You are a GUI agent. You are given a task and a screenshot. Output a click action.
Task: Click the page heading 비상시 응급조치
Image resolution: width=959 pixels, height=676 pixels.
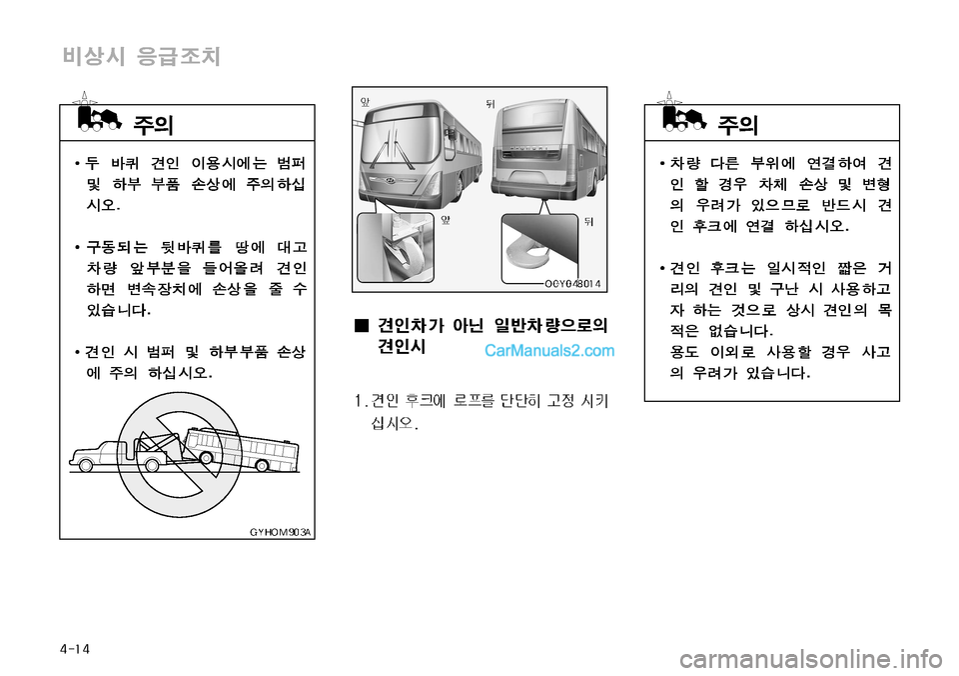pos(141,56)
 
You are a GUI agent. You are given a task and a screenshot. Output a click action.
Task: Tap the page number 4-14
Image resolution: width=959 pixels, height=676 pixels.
pos(75,648)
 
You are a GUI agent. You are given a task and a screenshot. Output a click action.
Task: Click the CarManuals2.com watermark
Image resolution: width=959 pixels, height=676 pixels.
pos(549,351)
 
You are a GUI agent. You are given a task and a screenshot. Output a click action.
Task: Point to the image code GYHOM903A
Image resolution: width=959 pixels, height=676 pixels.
pos(280,532)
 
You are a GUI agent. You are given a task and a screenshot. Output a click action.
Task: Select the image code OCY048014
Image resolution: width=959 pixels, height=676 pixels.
pos(572,284)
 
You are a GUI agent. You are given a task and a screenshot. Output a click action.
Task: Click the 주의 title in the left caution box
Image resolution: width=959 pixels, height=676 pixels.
pos(153,125)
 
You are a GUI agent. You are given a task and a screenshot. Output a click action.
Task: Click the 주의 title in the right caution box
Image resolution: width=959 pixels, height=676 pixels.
pos(737,125)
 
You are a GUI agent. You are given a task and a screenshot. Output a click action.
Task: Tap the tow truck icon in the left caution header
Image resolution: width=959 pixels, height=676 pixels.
pos(99,119)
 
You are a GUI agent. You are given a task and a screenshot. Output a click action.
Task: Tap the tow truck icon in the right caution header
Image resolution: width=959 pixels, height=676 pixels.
pos(684,119)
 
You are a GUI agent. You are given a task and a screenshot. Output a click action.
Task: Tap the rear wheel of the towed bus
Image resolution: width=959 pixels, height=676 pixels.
pos(262,466)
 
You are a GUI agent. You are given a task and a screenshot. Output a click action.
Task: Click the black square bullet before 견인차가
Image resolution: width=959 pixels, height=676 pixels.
pos(362,325)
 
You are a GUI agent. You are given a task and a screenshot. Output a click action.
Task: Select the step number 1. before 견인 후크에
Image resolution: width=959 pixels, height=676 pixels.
pos(361,401)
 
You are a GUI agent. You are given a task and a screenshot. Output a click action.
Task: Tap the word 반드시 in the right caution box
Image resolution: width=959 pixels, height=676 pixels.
pos(844,205)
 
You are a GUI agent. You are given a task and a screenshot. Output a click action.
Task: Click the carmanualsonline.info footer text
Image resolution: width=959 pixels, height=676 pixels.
pos(811,659)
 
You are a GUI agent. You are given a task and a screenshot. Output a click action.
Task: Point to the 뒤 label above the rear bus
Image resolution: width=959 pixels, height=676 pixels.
pos(489,103)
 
